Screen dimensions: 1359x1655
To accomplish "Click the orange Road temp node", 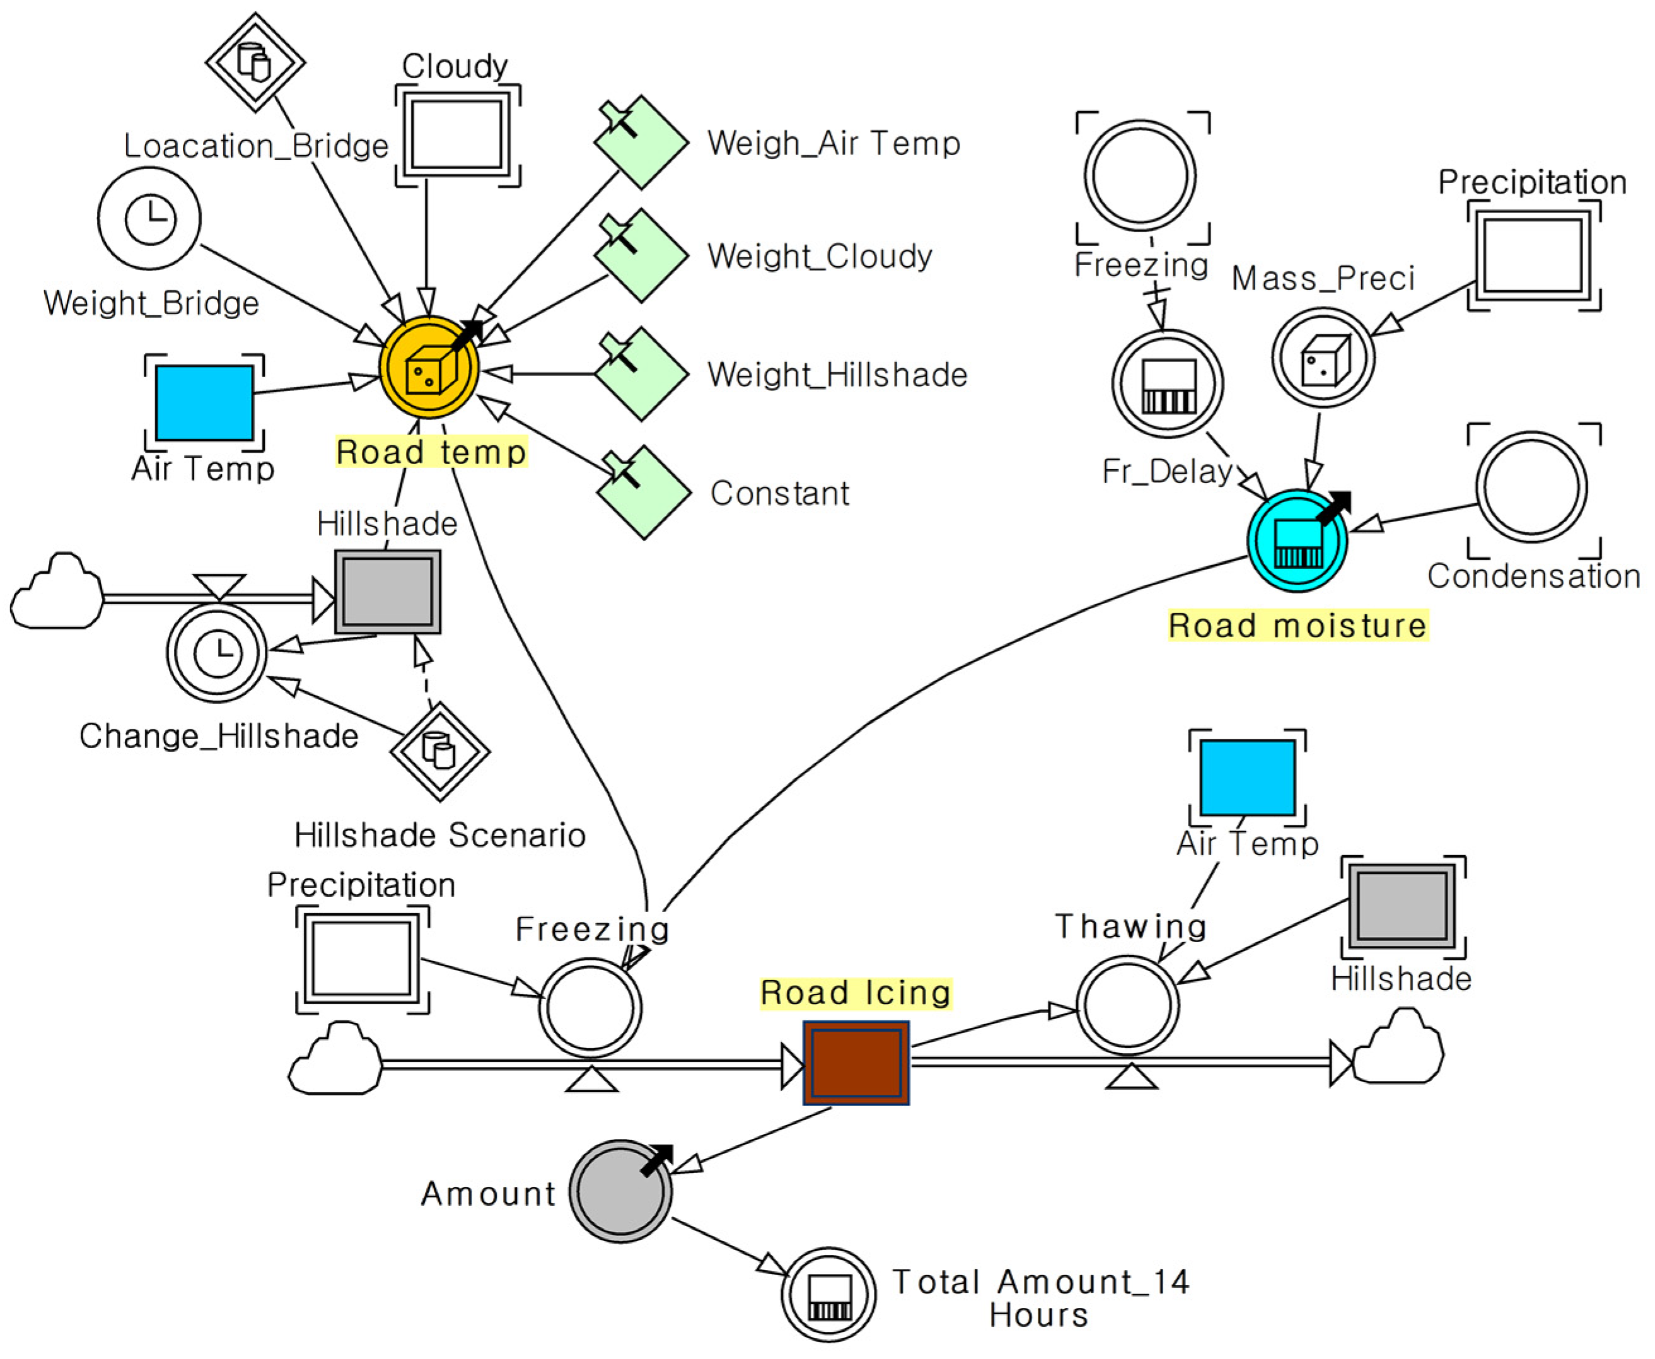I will click(x=429, y=366).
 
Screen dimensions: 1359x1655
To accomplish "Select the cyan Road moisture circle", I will click(x=1297, y=540).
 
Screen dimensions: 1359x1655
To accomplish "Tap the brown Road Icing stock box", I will click(x=856, y=1063).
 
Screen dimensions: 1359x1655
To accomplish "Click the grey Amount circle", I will click(x=620, y=1191).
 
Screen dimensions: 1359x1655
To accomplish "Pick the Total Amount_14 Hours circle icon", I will click(x=828, y=1294).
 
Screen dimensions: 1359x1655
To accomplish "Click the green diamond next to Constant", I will click(x=643, y=493).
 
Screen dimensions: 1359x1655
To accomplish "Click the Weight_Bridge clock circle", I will click(x=149, y=218).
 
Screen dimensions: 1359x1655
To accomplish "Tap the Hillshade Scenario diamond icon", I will click(x=440, y=752).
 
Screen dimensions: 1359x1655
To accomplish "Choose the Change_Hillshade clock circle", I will click(x=217, y=652).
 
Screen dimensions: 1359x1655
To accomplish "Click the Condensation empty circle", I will click(x=1531, y=487).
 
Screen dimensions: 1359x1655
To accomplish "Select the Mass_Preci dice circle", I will click(x=1323, y=358).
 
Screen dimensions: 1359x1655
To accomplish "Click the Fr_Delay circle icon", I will click(x=1168, y=383).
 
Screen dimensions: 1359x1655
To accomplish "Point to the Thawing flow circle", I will click(x=1127, y=1006).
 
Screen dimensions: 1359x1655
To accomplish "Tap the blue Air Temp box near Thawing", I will click(x=1247, y=778).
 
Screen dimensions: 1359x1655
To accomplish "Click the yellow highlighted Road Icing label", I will click(x=856, y=993).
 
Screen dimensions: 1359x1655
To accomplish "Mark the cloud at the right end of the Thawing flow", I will click(x=1399, y=1048).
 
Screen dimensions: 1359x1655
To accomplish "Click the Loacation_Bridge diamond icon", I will click(x=255, y=62).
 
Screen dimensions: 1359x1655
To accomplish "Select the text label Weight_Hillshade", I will click(x=837, y=375).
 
